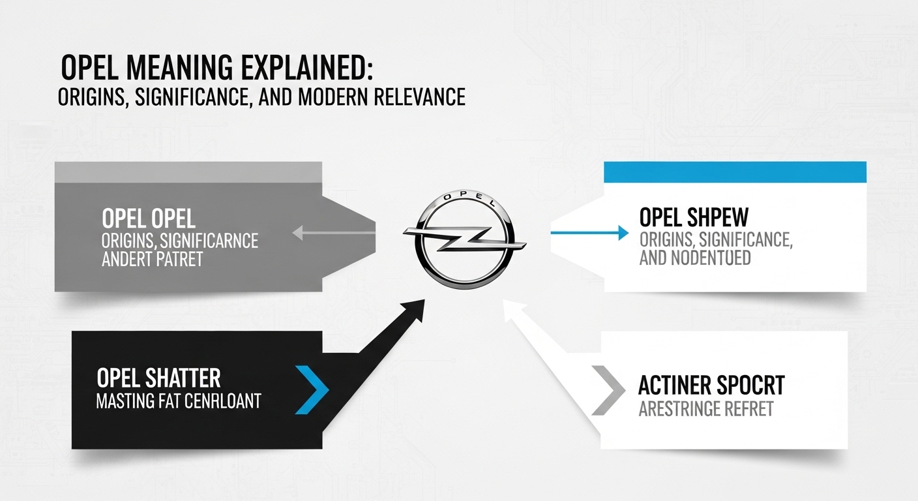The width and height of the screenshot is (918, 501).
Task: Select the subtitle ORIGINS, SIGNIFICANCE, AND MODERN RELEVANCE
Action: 261,97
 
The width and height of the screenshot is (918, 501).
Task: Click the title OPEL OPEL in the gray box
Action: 149,219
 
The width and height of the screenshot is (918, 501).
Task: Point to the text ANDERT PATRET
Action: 153,259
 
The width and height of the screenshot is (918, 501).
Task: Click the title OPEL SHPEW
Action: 694,217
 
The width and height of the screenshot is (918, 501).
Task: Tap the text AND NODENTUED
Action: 695,258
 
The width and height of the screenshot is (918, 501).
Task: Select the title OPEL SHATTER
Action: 158,378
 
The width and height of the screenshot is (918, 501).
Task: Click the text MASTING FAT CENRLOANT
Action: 178,400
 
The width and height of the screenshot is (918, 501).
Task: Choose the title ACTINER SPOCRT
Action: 711,386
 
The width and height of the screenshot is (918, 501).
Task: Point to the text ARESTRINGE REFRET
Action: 705,409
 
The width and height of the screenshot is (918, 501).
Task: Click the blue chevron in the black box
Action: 312,389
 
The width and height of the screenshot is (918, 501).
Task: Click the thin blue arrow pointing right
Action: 589,232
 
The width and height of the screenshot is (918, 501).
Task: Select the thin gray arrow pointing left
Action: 333,232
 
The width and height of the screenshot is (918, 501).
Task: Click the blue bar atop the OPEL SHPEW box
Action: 735,172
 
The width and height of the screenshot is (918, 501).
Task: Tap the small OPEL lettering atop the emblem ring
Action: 464,196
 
